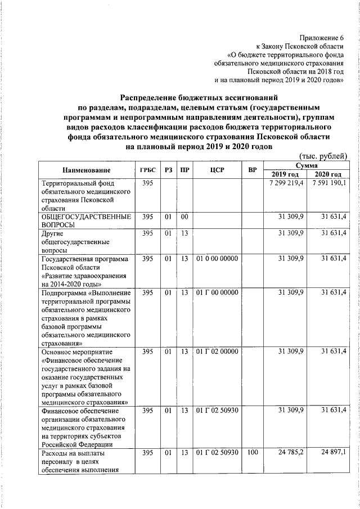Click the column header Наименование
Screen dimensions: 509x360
tap(86, 170)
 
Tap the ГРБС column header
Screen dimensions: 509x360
tap(147, 170)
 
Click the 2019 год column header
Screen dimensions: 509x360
tap(285, 174)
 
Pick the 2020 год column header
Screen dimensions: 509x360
tap(327, 174)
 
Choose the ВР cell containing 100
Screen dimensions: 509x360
tap(251, 453)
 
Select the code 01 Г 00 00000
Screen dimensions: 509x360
tap(217, 293)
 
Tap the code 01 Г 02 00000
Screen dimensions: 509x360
tap(217, 352)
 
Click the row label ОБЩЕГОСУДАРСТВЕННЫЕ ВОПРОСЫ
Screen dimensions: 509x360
tap(86, 220)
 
